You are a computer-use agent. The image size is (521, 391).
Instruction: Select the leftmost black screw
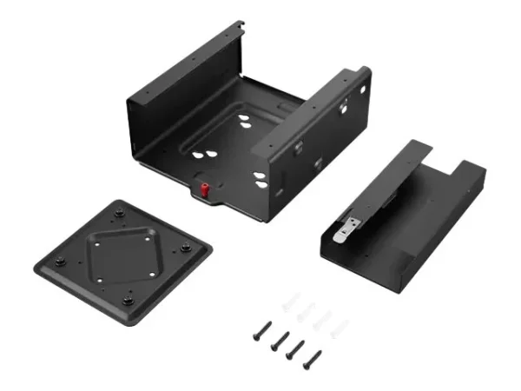(260, 330)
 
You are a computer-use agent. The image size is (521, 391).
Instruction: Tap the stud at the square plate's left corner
(59, 262)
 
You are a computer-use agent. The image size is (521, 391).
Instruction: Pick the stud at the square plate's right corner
(187, 250)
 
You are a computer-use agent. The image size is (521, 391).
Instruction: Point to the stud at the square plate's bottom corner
(128, 301)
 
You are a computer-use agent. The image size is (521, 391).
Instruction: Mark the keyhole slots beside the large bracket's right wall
(260, 178)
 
